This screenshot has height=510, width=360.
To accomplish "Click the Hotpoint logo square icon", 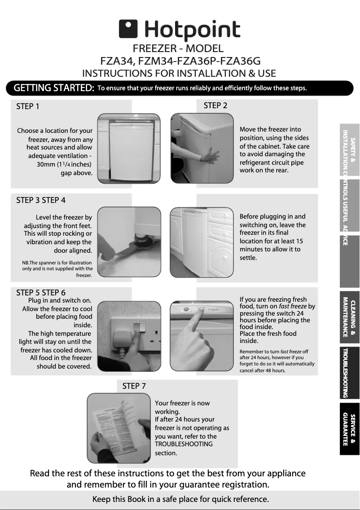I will tap(128, 30).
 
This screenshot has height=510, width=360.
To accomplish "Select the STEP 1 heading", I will tap(28, 106).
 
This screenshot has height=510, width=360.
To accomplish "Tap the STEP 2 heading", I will tap(215, 106).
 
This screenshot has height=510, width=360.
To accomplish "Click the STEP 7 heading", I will tap(134, 386).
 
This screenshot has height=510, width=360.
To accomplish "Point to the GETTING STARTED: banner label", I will tap(54, 88).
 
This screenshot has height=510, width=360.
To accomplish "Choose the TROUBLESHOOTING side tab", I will tap(349, 373).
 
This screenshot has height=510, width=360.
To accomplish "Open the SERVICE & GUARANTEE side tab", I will tap(349, 429).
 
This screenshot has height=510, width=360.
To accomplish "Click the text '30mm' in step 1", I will tap(47, 164).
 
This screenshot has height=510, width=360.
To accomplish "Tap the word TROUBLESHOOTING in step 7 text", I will tap(184, 444).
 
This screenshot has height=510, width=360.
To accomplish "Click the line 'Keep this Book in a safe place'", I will tap(180, 499).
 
